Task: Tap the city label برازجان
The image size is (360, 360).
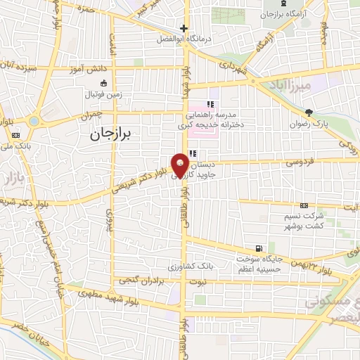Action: point(116,134)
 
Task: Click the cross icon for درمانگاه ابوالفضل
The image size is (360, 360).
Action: point(184,29)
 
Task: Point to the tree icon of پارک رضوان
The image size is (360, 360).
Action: point(309,112)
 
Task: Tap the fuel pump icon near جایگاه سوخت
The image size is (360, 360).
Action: point(261,248)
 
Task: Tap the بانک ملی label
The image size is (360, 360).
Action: point(14,147)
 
